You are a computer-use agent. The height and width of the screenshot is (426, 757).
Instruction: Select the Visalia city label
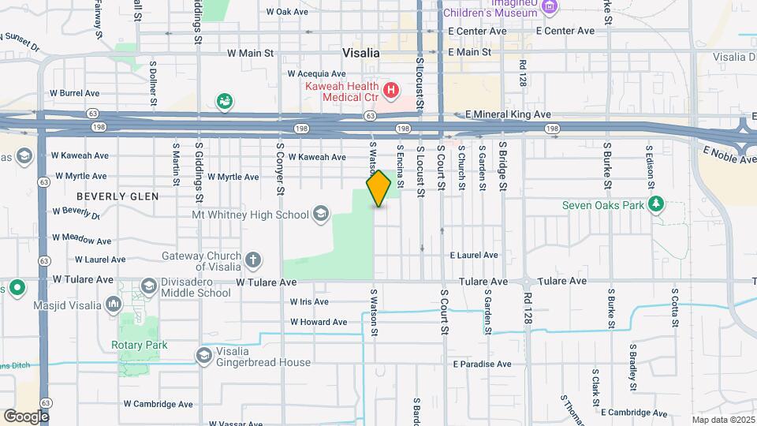click(361, 53)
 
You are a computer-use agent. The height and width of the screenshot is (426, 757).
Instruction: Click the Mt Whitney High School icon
click(320, 214)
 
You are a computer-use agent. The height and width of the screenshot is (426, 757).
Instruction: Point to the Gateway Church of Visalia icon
click(253, 260)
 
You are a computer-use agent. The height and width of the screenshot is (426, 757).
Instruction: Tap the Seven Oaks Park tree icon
click(656, 206)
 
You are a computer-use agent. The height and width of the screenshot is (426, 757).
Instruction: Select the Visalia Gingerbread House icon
click(204, 356)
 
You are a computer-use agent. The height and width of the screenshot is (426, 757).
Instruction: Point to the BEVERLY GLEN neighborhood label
click(117, 196)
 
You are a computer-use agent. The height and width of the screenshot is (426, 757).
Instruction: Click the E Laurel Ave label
click(474, 255)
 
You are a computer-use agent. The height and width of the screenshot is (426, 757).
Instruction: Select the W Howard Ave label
click(319, 322)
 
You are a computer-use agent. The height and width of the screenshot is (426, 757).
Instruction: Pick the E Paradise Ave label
click(482, 364)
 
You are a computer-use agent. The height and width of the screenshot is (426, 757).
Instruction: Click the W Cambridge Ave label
click(158, 404)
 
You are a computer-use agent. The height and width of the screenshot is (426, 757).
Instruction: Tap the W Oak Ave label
click(286, 12)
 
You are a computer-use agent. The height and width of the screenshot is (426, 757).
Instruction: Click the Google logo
click(26, 416)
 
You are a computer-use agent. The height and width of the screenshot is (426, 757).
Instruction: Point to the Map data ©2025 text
click(723, 420)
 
